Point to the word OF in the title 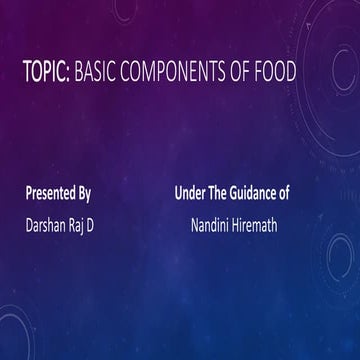252,76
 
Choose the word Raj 82,225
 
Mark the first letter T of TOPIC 28,76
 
